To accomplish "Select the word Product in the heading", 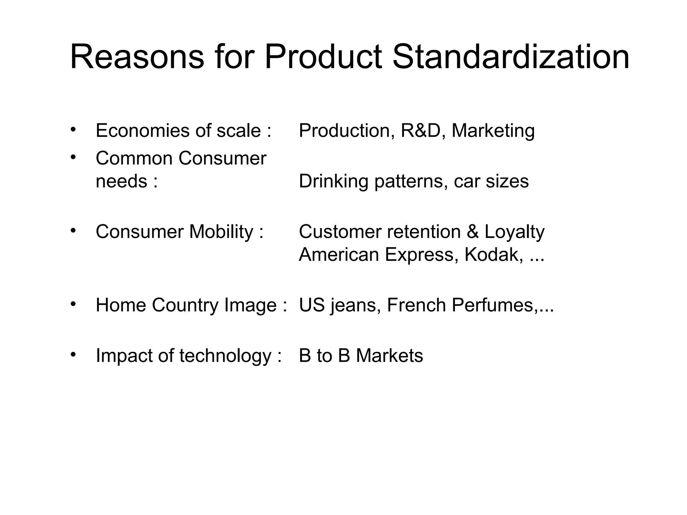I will [323, 57].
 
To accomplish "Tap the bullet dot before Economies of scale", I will [73, 129].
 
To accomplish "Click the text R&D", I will [421, 130].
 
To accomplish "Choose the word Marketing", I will [493, 131].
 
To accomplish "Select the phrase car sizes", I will [491, 181].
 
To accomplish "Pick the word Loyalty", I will [515, 232].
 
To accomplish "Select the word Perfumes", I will [493, 305].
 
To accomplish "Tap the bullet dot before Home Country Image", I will [73, 304].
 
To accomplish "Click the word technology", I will [225, 356].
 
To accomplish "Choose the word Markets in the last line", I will [389, 356].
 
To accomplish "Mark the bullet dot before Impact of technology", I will [73, 354].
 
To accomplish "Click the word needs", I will [121, 181].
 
